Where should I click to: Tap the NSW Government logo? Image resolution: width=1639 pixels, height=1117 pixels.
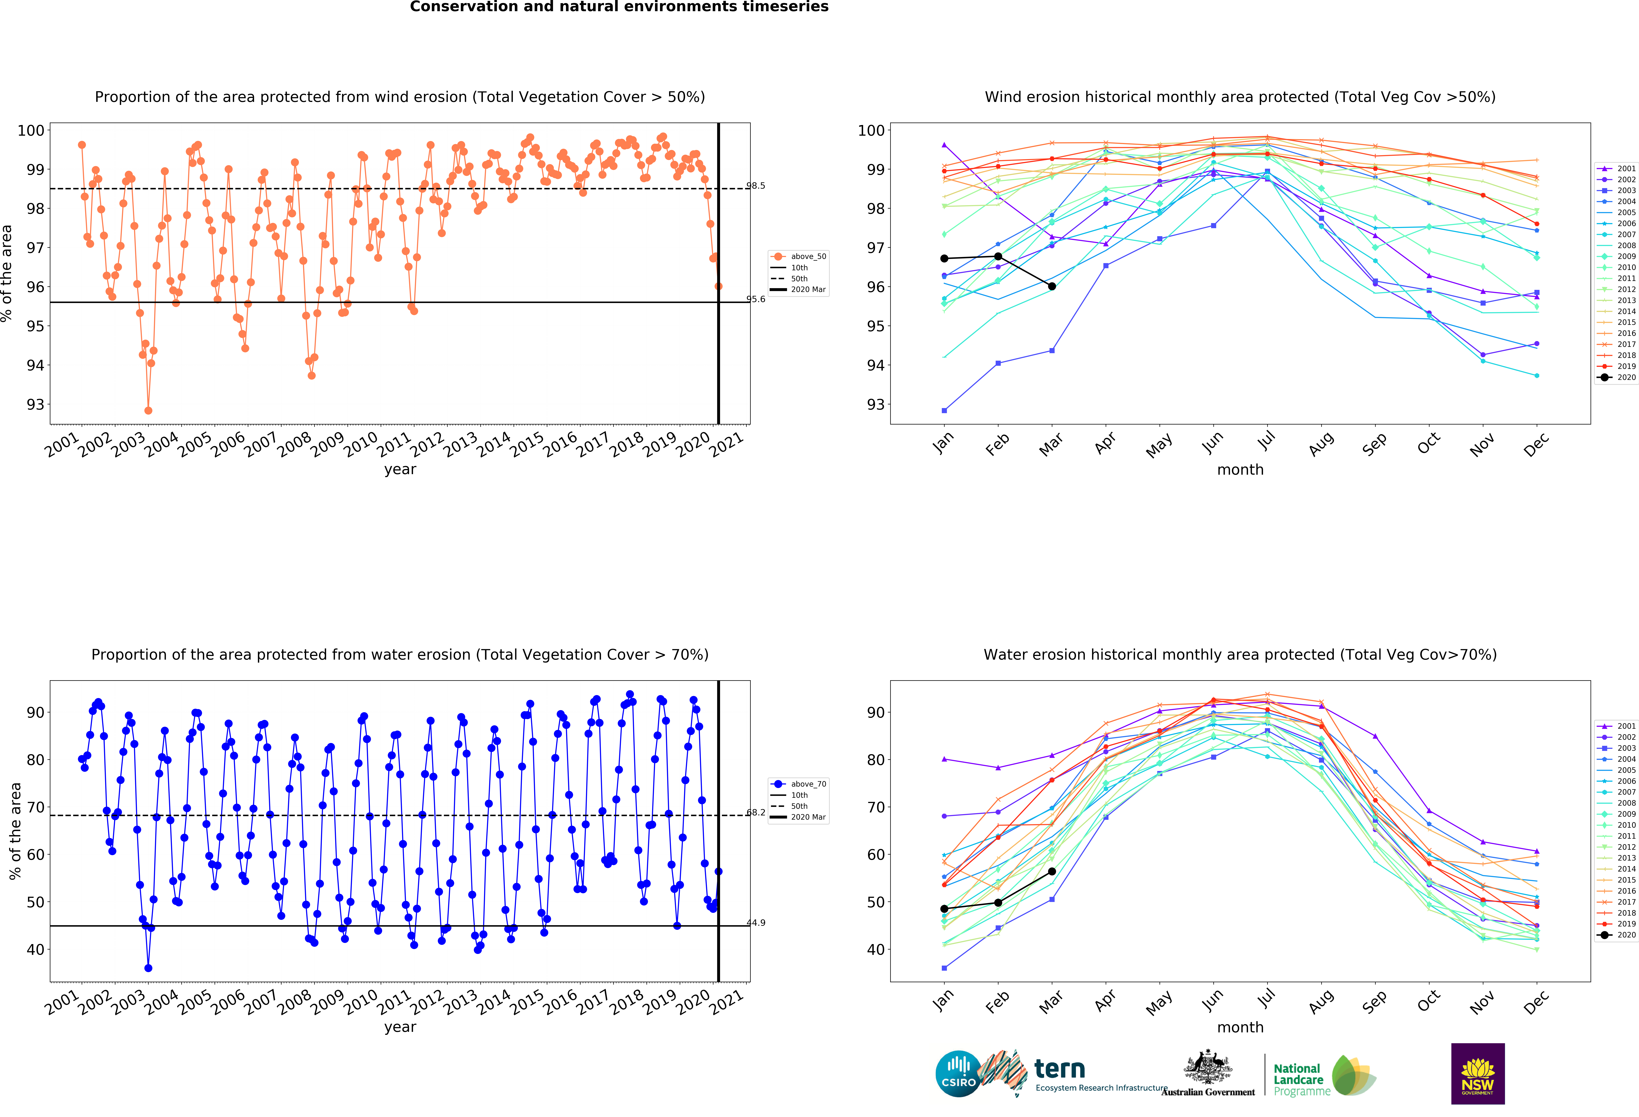(x=1477, y=1073)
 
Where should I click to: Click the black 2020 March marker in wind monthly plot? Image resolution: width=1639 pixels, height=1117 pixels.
(x=1051, y=286)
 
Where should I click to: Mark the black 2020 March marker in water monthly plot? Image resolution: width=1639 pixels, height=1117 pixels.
(x=1051, y=872)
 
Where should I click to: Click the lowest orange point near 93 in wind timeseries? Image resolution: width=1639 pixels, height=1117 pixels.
(x=148, y=410)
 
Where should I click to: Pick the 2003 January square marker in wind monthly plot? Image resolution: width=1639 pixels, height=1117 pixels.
(x=944, y=410)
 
